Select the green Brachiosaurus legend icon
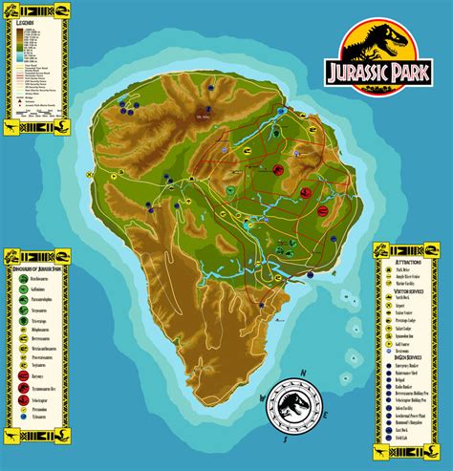click(x=19, y=276)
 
